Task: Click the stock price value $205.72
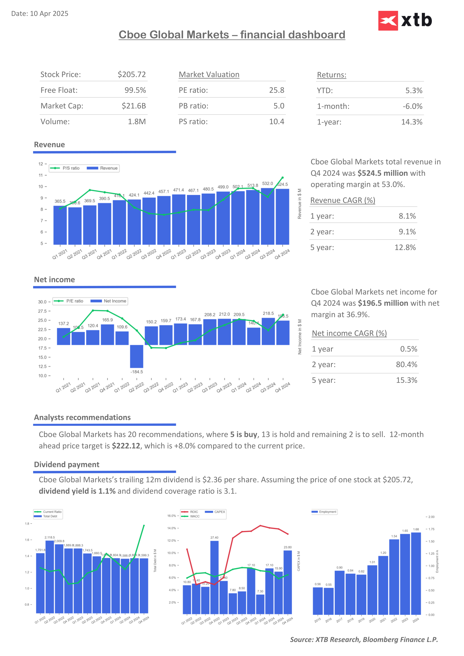tap(132, 75)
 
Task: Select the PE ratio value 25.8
tap(276, 90)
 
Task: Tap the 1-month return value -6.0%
tap(412, 106)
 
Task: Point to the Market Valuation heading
tap(209, 75)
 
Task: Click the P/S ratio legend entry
tap(65, 168)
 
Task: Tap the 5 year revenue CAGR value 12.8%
tap(405, 247)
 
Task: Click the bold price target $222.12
tap(126, 446)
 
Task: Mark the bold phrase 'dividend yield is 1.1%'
tap(77, 491)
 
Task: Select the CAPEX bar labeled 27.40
tap(214, 577)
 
